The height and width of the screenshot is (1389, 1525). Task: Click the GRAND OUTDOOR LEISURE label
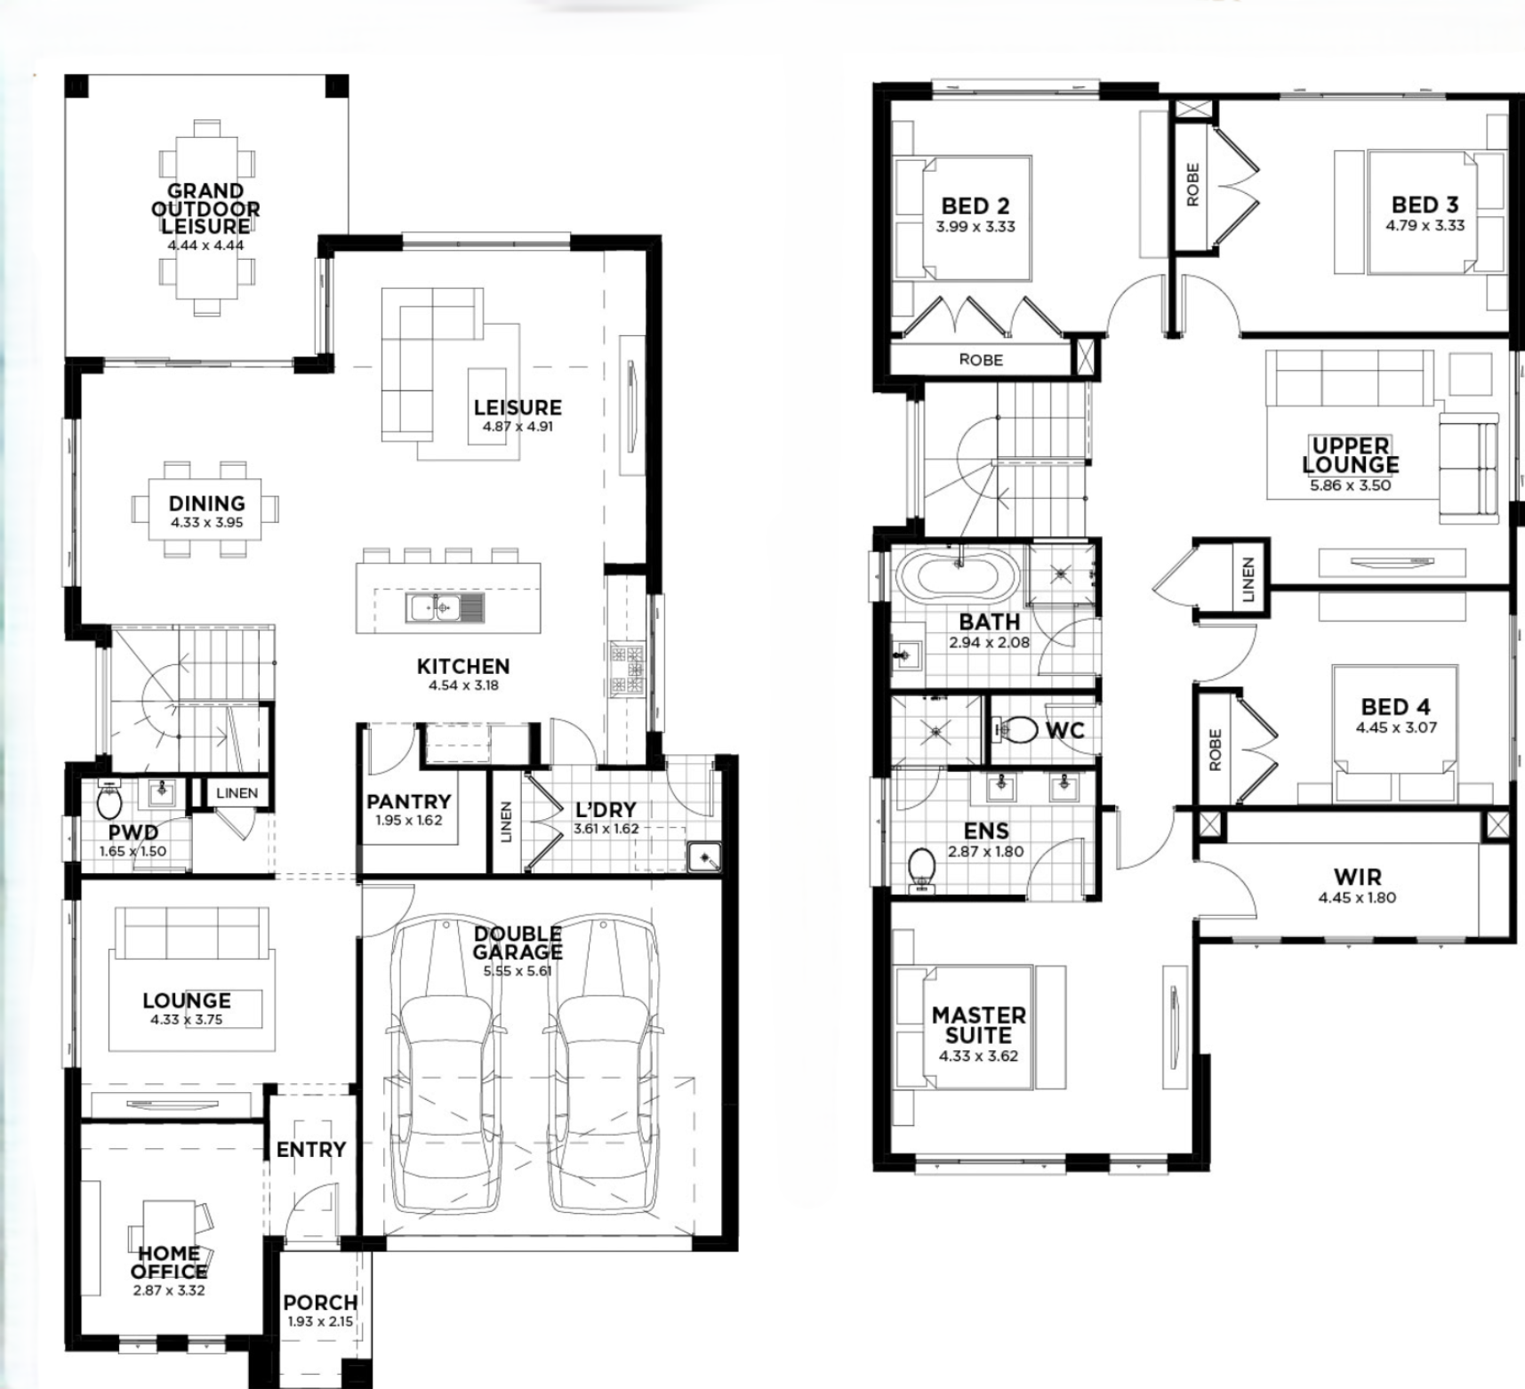click(205, 209)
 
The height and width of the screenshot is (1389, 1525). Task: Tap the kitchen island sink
click(445, 607)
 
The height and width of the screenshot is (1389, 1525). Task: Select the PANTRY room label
click(409, 801)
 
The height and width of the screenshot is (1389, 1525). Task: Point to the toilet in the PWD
click(109, 802)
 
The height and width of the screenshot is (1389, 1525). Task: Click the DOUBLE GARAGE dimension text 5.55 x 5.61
click(518, 971)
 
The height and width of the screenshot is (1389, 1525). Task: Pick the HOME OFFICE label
click(169, 1263)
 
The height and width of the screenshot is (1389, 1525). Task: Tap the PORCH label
click(320, 1303)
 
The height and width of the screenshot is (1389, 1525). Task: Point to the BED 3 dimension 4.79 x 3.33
click(1425, 226)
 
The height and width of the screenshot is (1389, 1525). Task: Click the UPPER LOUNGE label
click(1351, 454)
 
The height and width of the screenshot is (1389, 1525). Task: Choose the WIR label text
click(1357, 878)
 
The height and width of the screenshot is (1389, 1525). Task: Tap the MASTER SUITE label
click(979, 1025)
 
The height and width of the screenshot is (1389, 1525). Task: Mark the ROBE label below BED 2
click(981, 360)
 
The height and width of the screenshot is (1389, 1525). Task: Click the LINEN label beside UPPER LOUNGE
click(1248, 580)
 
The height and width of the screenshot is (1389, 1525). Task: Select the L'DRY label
click(606, 809)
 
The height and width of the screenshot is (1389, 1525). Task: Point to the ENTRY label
click(310, 1150)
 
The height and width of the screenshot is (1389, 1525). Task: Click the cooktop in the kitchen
click(626, 667)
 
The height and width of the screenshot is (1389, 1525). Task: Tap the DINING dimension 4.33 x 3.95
click(206, 523)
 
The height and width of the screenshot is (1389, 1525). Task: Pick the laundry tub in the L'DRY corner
click(703, 857)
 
